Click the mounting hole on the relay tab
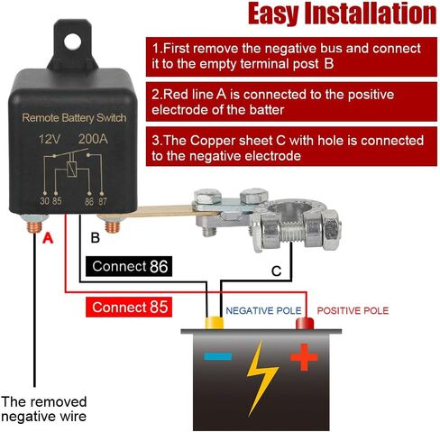click(72, 41)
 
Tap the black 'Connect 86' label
click(129, 266)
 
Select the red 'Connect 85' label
click(129, 307)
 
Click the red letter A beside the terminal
click(48, 238)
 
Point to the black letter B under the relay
click(95, 238)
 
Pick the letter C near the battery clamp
click(276, 271)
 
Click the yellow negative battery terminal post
click(215, 323)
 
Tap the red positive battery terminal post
click(305, 324)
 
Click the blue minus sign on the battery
click(218, 356)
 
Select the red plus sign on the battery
click(304, 357)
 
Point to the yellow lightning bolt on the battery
click(261, 378)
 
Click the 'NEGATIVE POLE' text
click(263, 310)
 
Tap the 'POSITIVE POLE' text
click(353, 310)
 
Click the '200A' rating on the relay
click(93, 139)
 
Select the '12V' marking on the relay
click(50, 139)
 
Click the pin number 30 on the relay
click(44, 201)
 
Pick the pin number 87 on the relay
click(103, 201)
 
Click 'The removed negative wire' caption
click(44, 409)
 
